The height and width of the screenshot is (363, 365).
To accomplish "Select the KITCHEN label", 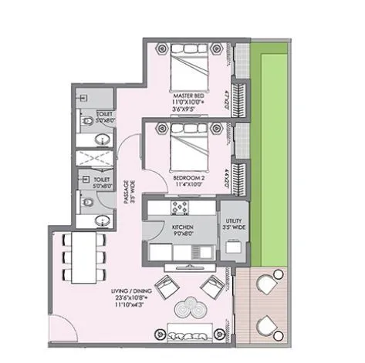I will [181, 227].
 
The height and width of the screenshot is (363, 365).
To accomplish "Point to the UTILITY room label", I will [233, 224].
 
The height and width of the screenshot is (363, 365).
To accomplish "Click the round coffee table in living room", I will [189, 308].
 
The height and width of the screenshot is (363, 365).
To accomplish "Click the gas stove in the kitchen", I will [181, 207].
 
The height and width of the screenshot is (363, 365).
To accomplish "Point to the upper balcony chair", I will [271, 284].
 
